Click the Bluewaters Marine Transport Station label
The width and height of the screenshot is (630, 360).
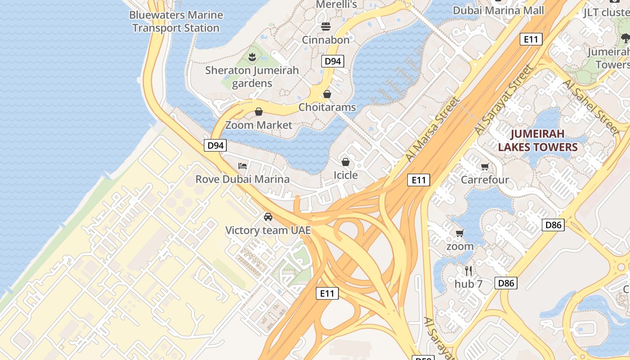tap(176, 21)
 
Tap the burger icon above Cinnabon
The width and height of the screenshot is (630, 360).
tap(326, 27)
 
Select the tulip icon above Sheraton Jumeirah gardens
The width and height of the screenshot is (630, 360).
tap(252, 57)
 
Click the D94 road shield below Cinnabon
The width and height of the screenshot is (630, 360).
tap(333, 61)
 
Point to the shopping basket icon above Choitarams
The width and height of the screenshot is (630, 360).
tap(327, 94)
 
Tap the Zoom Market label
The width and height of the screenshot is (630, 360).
tap(259, 125)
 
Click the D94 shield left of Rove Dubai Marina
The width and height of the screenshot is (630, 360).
tap(215, 145)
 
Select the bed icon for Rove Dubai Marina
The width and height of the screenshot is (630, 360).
tap(243, 166)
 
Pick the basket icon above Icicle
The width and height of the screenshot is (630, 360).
tap(346, 162)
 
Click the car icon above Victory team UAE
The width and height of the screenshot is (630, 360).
tap(268, 217)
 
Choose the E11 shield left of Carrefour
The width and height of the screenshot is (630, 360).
tap(418, 180)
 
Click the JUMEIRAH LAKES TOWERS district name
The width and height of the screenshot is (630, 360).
tap(538, 140)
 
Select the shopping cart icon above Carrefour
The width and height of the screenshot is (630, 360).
tap(485, 167)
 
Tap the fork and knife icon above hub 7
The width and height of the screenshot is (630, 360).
tap(468, 270)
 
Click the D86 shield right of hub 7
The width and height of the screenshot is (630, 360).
tap(506, 283)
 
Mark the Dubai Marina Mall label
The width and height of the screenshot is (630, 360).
tap(498, 10)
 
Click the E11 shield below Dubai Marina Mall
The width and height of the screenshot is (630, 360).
tap(531, 39)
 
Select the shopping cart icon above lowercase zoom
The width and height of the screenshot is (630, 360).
tap(460, 233)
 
